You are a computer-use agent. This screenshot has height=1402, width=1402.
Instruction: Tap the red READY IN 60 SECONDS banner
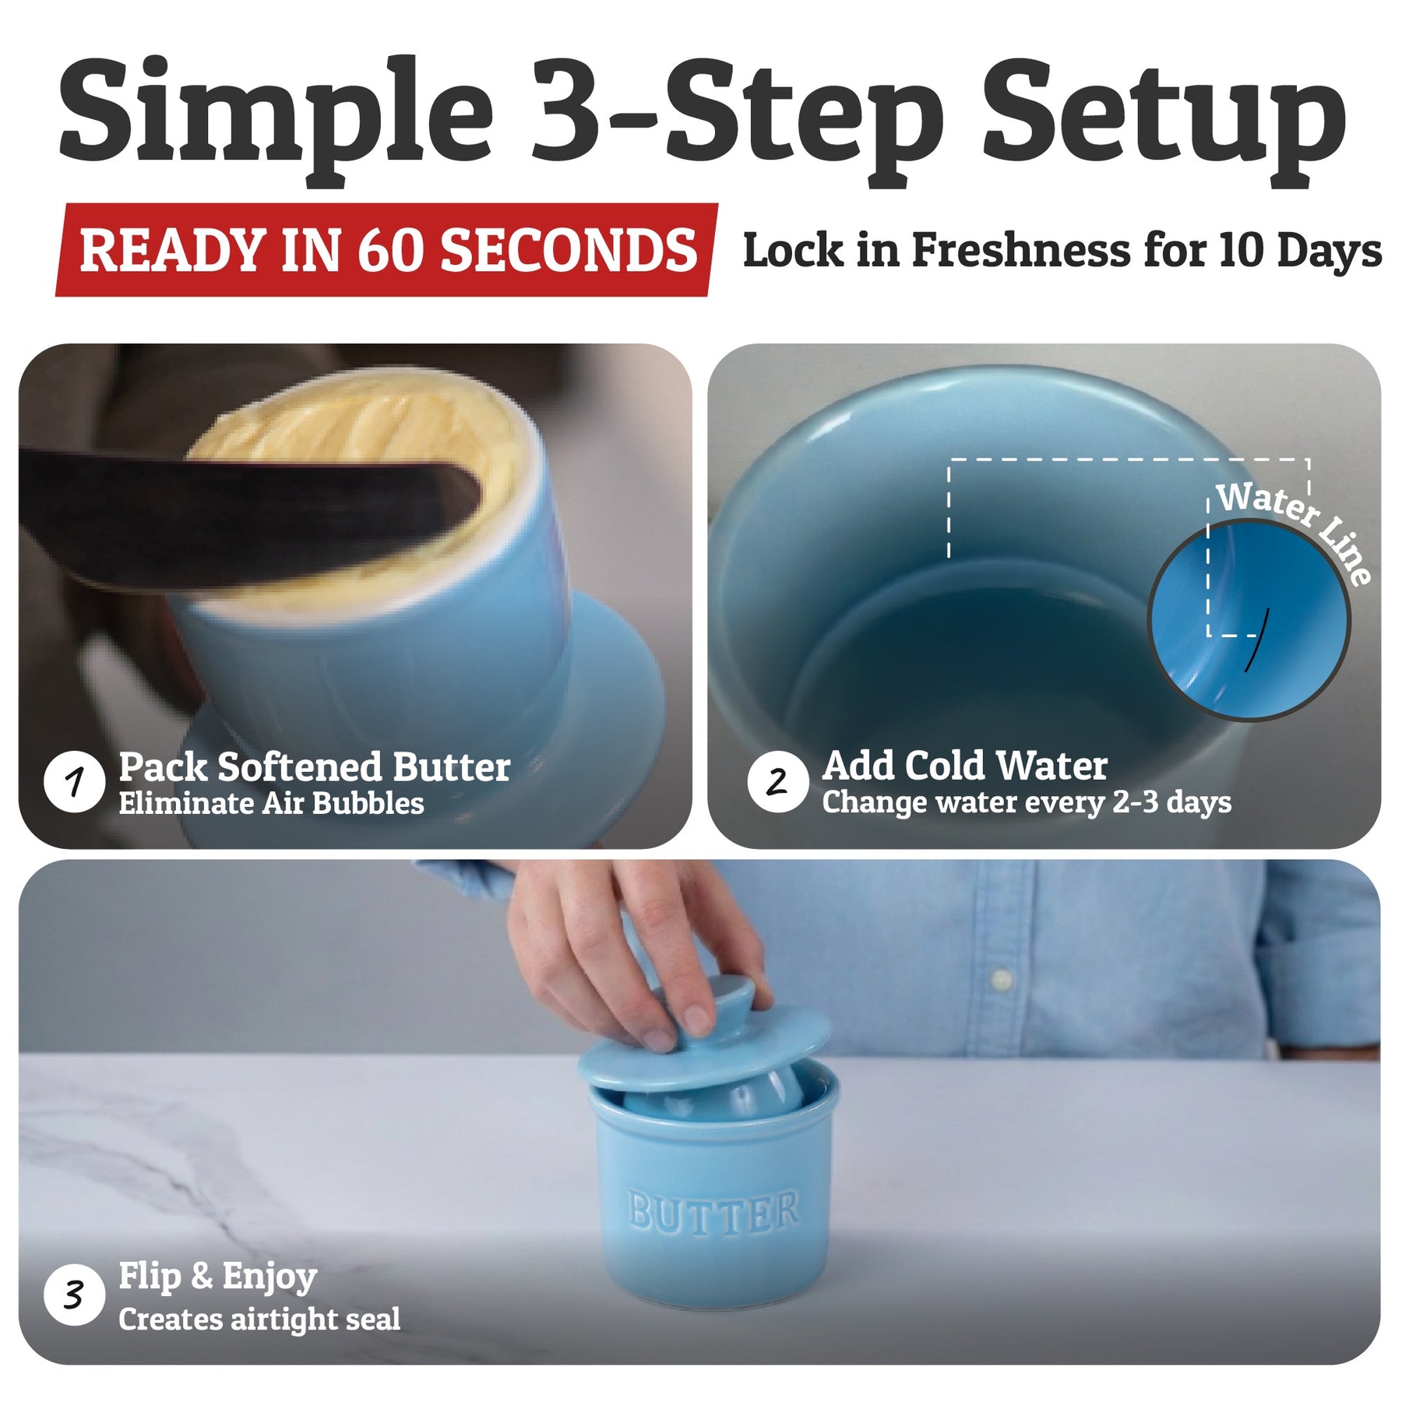[x=387, y=250]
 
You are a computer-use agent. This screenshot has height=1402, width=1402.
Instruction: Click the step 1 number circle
[x=74, y=781]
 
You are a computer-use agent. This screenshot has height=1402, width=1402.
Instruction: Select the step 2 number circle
[x=777, y=781]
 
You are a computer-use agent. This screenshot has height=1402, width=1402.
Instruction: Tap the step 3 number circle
[x=74, y=1295]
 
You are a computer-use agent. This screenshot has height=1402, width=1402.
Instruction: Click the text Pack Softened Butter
[x=315, y=767]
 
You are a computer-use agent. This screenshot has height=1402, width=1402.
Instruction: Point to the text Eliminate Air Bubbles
[x=271, y=803]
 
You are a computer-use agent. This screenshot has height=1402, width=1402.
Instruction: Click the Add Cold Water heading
[x=965, y=766]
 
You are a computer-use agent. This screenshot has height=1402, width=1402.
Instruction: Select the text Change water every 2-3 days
[x=1027, y=802]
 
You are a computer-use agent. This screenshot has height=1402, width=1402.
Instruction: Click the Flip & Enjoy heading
[x=218, y=1278]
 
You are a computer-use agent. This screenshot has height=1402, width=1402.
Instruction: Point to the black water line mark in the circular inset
[x=1256, y=639]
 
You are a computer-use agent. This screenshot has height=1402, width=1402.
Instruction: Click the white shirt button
[x=1002, y=978]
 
